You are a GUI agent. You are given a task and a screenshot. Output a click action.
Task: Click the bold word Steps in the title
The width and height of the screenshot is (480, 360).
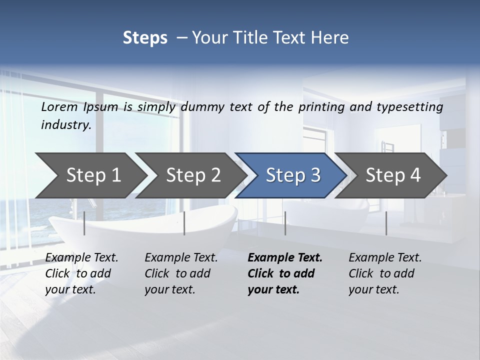pos(145,37)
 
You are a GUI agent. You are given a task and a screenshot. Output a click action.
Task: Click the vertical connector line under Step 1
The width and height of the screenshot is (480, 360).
pos(84,223)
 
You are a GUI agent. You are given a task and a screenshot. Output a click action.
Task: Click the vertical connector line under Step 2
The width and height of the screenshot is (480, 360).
pos(184,223)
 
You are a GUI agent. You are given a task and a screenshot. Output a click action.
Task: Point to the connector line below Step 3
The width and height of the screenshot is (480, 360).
pos(285,223)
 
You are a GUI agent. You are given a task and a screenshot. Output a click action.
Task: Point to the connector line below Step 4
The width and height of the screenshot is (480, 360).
pos(386,223)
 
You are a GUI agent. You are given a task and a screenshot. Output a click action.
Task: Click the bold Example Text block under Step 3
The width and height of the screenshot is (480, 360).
pos(285,273)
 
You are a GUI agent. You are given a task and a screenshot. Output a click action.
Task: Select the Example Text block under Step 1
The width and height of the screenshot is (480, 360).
pos(81,273)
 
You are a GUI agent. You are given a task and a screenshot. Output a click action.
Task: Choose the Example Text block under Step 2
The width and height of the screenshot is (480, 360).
pos(181,273)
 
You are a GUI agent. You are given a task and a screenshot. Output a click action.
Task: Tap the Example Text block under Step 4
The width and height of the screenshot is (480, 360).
pos(385,273)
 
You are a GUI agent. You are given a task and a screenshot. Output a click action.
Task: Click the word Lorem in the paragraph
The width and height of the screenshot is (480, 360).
pos(59,106)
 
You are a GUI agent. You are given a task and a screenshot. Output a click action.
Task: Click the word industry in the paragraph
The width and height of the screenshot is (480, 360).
pos(65,124)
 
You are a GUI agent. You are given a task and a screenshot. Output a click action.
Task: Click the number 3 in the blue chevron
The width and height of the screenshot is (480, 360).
pos(314,175)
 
